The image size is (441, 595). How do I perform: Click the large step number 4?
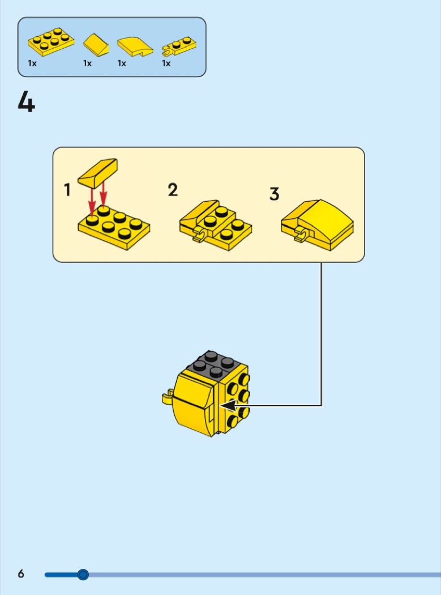coord(26,102)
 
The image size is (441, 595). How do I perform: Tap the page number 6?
coord(21,573)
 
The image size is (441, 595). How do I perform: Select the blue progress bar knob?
coord(83,575)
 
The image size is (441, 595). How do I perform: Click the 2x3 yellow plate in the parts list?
coord(51,42)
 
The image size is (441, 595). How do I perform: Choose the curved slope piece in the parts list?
coord(135,46)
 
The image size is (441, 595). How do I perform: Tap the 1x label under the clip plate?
coord(166,63)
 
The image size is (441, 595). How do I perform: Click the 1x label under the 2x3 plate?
coord(32,63)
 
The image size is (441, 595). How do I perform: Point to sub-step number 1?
coord(67,190)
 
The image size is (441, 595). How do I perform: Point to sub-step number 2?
coord(173,190)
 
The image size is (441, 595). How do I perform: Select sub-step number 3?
coord(274,194)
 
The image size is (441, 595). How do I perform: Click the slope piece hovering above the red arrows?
coord(97,173)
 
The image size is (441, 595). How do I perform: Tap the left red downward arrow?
coord(92,202)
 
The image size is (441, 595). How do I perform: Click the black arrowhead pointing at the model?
coord(229,406)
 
